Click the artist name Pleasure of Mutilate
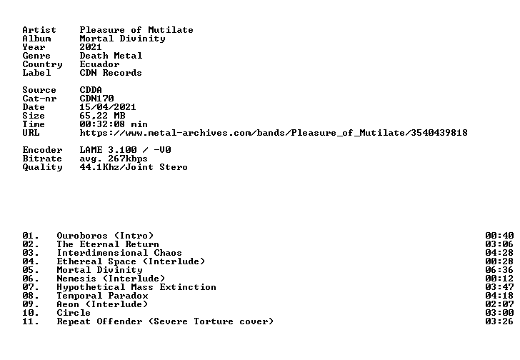click(x=136, y=30)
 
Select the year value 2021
click(x=91, y=47)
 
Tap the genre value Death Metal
click(x=111, y=56)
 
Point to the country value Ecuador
click(x=99, y=64)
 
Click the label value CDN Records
click(x=111, y=73)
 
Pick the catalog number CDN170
click(x=96, y=99)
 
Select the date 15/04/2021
click(x=108, y=107)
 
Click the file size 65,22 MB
click(x=102, y=116)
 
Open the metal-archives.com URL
click(x=274, y=133)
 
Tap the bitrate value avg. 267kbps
click(x=114, y=159)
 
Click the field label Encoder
click(x=42, y=150)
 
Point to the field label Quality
click(x=42, y=167)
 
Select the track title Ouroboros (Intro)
click(x=105, y=236)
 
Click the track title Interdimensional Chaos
click(x=119, y=253)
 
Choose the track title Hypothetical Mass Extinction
click(x=136, y=287)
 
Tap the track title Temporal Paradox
click(x=102, y=296)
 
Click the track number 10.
click(x=31, y=313)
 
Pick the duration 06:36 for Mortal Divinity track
click(x=499, y=270)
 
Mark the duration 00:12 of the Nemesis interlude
click(x=499, y=279)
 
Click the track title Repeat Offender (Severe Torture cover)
click(x=165, y=321)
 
